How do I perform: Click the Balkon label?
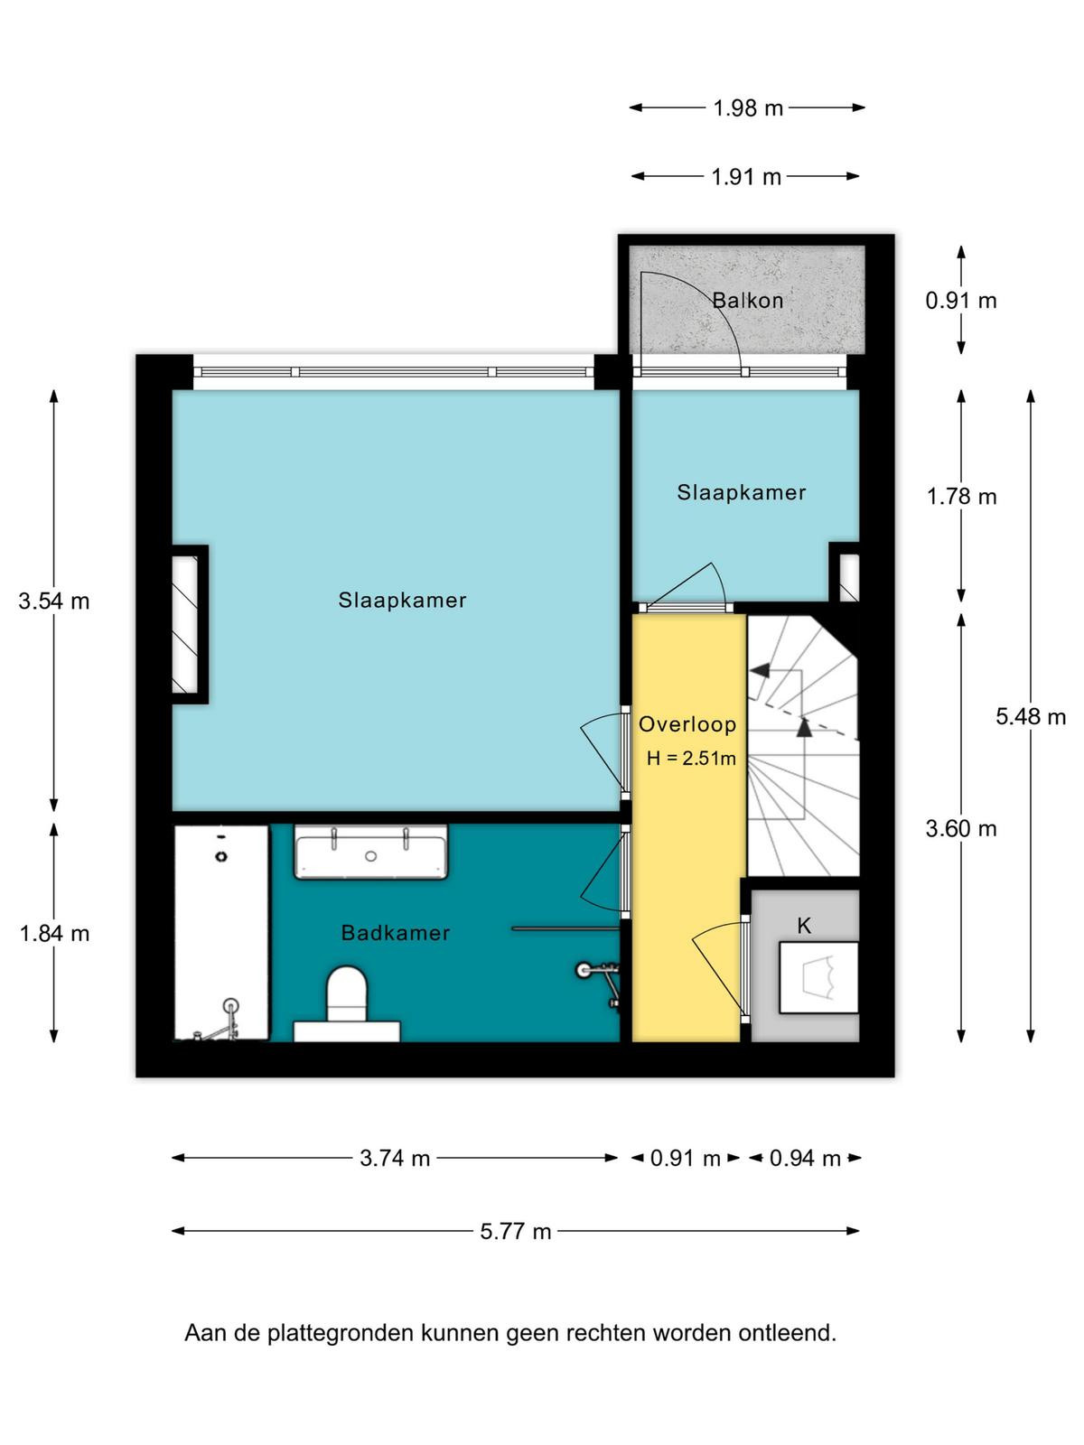[x=748, y=301]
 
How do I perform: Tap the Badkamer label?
[x=396, y=933]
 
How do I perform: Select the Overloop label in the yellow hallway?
[x=687, y=724]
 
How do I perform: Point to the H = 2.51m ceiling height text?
[x=691, y=759]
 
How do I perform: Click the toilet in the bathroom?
[x=347, y=1003]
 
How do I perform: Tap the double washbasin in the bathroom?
[x=370, y=852]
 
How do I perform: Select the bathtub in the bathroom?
[x=221, y=933]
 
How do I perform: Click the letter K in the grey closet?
[x=804, y=927]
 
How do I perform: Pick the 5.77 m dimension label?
[x=515, y=1231]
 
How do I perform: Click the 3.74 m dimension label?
[x=395, y=1158]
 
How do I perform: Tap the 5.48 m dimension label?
[x=1031, y=716]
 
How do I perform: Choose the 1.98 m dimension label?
[x=748, y=108]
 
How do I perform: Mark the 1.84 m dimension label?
[x=54, y=934]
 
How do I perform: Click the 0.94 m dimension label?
[x=805, y=1158]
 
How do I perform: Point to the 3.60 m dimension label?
[x=961, y=828]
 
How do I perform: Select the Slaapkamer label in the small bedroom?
[x=742, y=492]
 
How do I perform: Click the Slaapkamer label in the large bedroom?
[x=403, y=600]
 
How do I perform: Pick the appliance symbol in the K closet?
[x=818, y=977]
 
